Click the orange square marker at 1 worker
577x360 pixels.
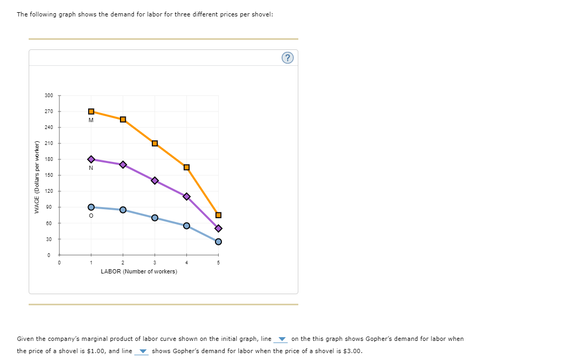[x=91, y=112]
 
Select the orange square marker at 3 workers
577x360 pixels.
[x=154, y=143]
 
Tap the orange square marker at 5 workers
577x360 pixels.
[x=218, y=215]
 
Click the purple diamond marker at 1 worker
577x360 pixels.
[x=91, y=159]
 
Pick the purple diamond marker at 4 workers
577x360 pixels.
[x=186, y=196]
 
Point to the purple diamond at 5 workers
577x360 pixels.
[x=218, y=228]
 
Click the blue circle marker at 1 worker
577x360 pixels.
[x=91, y=207]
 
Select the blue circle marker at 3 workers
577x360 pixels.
[x=154, y=218]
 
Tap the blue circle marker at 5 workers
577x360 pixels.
[x=218, y=242]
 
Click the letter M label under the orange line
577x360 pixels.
[x=91, y=120]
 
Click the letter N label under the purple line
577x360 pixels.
[x=91, y=168]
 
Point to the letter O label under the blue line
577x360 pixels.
[x=91, y=216]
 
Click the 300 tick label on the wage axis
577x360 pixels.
[x=49, y=96]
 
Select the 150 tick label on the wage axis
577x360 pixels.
[x=49, y=175]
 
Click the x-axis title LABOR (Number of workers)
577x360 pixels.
[x=139, y=271]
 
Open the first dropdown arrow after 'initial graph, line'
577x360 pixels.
[x=282, y=340]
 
